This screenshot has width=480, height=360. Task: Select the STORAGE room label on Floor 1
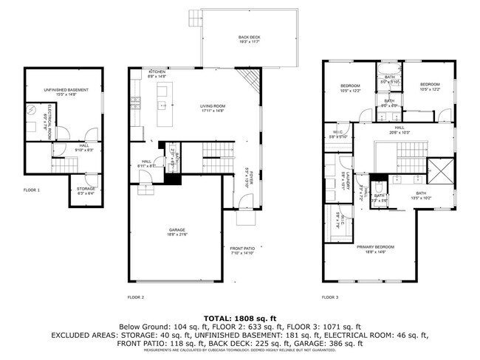(x=85, y=188)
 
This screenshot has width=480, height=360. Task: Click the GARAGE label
(x=176, y=229)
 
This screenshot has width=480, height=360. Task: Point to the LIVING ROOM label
(x=213, y=106)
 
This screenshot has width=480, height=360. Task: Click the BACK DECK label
(x=249, y=37)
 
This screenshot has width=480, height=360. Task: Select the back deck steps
(x=194, y=15)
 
